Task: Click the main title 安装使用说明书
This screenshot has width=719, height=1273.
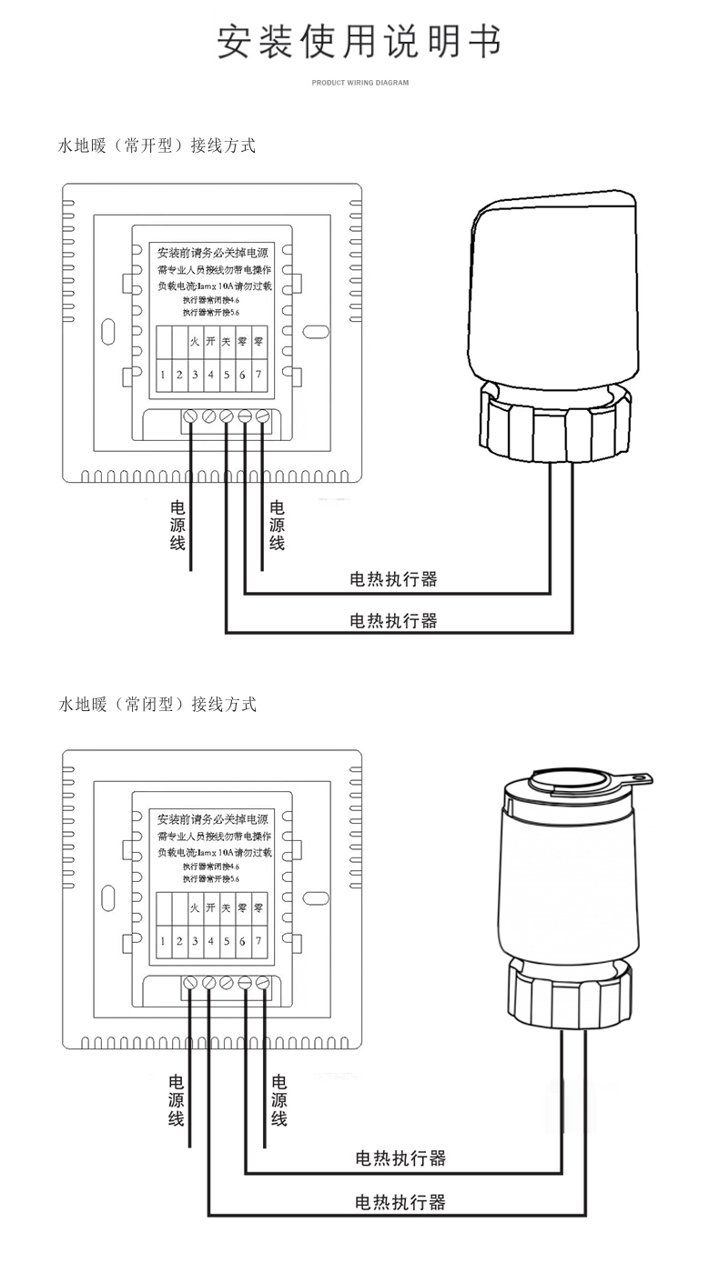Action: (x=359, y=42)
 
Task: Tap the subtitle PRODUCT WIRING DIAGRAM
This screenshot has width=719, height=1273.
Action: (x=359, y=83)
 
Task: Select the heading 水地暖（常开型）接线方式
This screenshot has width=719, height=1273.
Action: (x=157, y=145)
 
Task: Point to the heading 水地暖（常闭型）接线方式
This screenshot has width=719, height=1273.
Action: (x=157, y=704)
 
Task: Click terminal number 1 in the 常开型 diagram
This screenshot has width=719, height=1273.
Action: (x=163, y=375)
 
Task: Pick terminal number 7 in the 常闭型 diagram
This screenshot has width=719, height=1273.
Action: (x=258, y=940)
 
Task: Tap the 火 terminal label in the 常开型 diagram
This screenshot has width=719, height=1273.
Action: (x=195, y=342)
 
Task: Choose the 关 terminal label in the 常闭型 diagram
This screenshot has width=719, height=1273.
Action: (x=227, y=907)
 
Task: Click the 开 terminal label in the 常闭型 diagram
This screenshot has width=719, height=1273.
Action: (x=210, y=907)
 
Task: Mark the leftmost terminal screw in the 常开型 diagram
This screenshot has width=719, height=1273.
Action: (x=191, y=416)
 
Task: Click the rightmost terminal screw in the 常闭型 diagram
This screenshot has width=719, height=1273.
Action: (x=262, y=983)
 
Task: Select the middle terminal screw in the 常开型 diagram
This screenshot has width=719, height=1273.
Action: (x=227, y=416)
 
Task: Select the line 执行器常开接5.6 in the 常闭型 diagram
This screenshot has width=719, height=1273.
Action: (x=211, y=879)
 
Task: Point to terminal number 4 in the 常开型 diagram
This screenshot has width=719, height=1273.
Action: (x=210, y=375)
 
